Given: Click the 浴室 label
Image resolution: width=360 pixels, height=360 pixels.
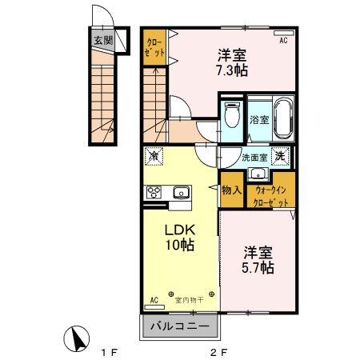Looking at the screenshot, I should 258,122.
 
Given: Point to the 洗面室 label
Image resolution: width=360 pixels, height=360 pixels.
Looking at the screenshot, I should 254,157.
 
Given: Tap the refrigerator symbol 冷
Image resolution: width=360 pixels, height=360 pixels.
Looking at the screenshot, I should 154,157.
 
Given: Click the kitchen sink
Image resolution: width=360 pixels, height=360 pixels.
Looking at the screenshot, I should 180,192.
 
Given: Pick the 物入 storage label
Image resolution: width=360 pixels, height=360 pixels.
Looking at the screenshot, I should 232,191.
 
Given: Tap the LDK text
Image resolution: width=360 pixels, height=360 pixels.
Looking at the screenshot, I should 178,230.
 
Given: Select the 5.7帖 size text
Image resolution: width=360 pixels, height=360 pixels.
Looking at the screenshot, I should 259,267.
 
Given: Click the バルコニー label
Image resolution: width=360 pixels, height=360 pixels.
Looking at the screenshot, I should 180,326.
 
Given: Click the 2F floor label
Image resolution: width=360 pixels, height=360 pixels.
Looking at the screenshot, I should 218,351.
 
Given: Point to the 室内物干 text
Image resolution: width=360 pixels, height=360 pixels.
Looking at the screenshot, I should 189,299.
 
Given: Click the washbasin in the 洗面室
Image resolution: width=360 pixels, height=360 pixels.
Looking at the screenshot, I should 258,175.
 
